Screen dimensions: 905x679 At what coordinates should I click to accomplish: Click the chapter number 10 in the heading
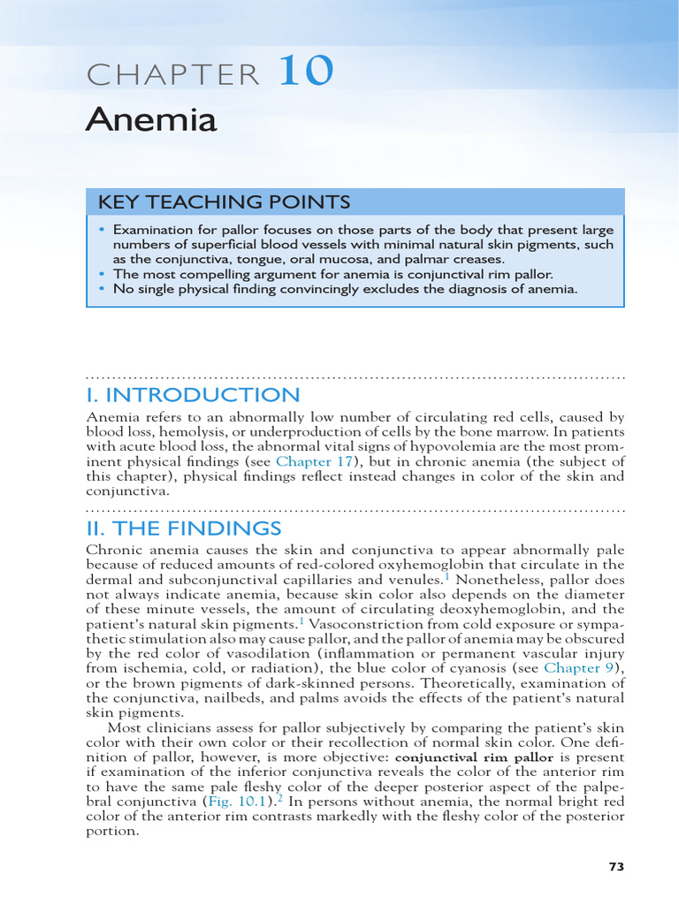tap(307, 72)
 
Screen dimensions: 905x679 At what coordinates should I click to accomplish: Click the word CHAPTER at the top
tap(173, 76)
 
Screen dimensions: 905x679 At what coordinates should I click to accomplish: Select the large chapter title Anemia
tap(151, 119)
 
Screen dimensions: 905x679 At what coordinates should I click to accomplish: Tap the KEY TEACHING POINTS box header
tap(224, 202)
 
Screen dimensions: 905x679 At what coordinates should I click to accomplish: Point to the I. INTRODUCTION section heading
tap(193, 395)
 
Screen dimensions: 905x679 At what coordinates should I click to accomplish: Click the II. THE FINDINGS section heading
tap(184, 529)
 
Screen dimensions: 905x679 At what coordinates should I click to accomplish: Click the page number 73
tap(616, 867)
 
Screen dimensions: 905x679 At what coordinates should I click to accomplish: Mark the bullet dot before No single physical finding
tap(102, 289)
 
